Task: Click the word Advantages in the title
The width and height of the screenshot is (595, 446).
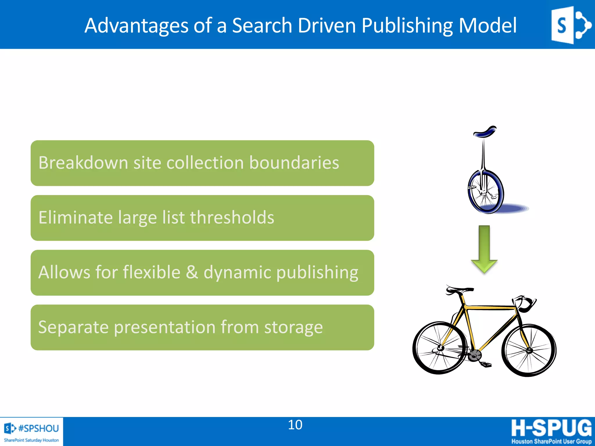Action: click(x=136, y=26)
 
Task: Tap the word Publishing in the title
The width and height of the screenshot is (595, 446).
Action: click(x=407, y=26)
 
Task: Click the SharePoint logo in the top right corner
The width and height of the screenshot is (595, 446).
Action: click(x=571, y=25)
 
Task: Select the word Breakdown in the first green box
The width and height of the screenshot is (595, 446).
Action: click(x=83, y=163)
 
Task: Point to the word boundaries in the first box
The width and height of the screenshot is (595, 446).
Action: click(x=294, y=163)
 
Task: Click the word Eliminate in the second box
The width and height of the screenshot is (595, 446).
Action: click(x=76, y=217)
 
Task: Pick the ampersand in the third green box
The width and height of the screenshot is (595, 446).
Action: click(x=192, y=272)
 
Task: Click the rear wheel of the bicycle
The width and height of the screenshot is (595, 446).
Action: click(x=439, y=348)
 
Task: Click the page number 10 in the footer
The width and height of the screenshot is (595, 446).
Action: click(x=295, y=425)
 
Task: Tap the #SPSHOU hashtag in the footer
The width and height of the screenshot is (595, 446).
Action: click(x=38, y=428)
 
